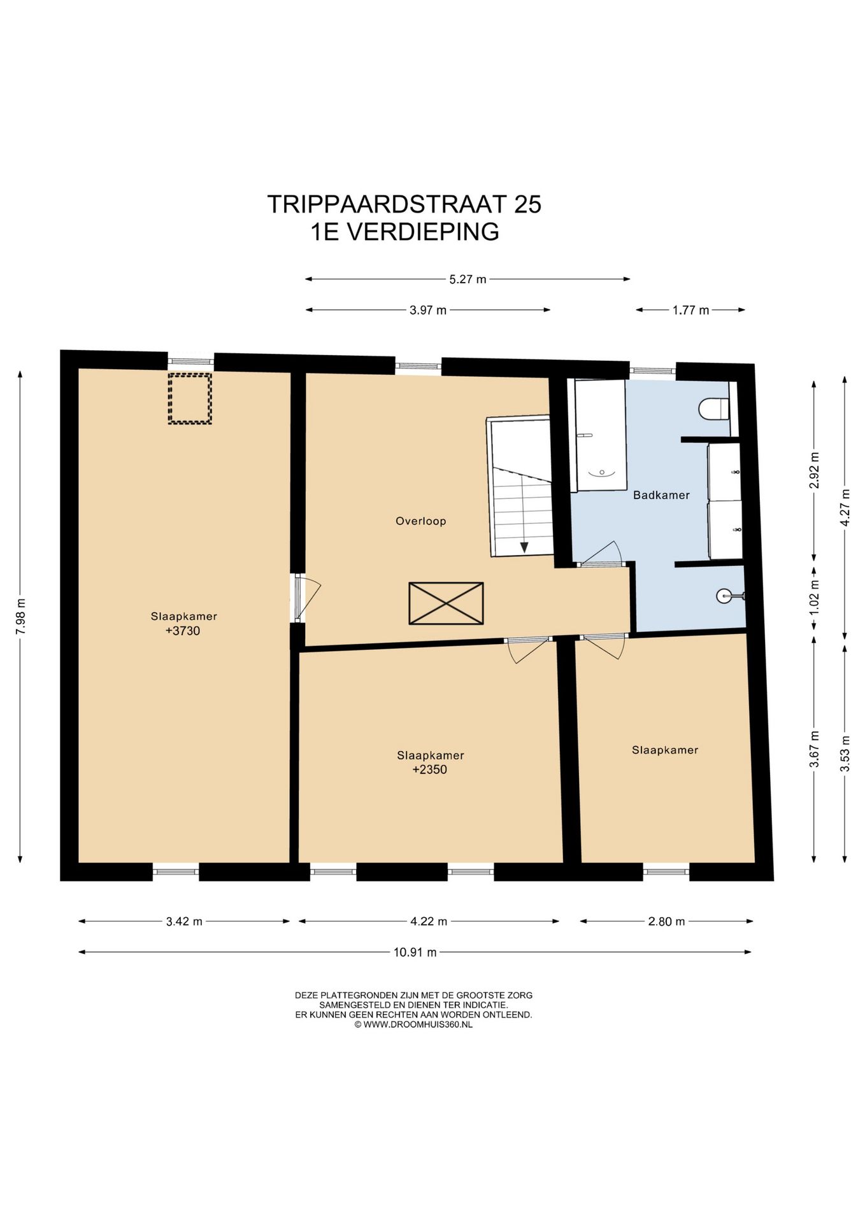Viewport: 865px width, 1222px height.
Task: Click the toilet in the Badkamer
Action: click(713, 409)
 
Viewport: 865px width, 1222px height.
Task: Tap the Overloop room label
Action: click(421, 521)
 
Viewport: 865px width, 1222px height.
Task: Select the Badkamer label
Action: click(661, 495)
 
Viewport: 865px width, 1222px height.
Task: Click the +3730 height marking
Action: click(183, 631)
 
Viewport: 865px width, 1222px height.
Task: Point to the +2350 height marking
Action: click(430, 769)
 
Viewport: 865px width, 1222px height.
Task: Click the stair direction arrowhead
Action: click(524, 547)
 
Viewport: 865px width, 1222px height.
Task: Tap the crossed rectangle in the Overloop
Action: click(446, 603)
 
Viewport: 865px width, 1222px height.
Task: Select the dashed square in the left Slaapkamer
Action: click(190, 399)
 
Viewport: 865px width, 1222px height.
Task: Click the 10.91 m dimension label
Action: click(415, 952)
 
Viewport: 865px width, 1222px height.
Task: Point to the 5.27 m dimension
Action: click(468, 279)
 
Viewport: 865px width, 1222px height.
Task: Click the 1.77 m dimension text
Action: click(690, 310)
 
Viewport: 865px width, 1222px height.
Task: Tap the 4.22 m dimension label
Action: click(429, 921)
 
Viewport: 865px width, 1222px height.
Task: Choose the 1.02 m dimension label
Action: click(813, 597)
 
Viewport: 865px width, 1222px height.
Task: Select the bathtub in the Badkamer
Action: click(600, 435)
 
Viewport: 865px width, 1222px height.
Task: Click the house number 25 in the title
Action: click(528, 204)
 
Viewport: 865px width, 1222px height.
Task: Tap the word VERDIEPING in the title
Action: click(422, 232)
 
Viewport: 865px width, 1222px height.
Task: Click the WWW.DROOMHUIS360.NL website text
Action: click(418, 1025)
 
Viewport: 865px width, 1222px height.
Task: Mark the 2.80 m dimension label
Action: click(666, 921)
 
